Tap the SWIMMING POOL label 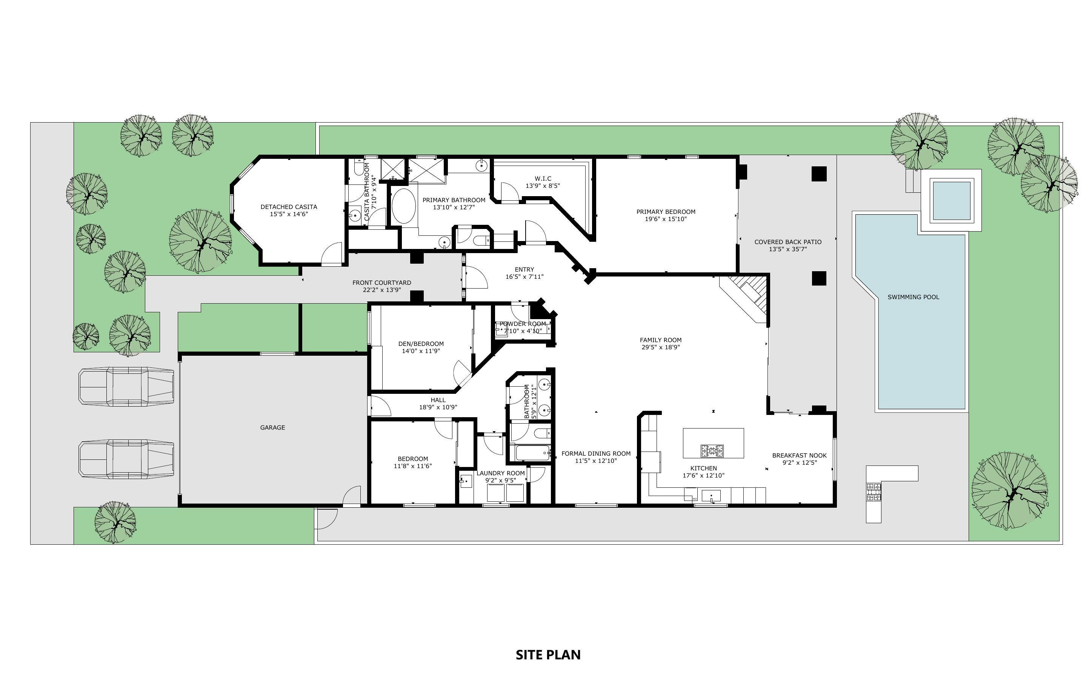(913, 297)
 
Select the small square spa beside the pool (951, 200)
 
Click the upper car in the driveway (126, 386)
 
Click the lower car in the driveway (126, 458)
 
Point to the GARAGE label (272, 427)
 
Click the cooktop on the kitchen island (712, 450)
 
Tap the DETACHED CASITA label (289, 207)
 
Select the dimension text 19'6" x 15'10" (666, 219)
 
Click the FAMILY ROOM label (660, 340)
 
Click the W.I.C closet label (543, 179)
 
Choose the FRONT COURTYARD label (381, 283)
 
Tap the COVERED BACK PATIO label (787, 242)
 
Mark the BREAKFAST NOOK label (799, 455)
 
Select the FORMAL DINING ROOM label (596, 454)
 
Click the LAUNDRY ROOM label (501, 473)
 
